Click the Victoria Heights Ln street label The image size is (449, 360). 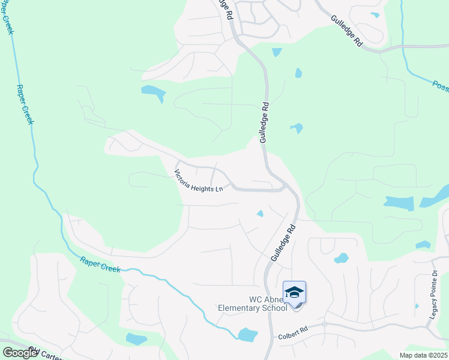click(199, 181)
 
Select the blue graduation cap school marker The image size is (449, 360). click(294, 293)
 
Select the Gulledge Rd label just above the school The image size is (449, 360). click(283, 242)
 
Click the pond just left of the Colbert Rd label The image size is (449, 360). click(247, 334)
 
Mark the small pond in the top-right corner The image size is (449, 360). click(375, 15)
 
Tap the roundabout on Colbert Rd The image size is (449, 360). click(324, 324)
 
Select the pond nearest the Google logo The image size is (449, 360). click(136, 339)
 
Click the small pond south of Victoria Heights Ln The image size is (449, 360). click(260, 213)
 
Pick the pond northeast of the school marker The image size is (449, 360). click(341, 259)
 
